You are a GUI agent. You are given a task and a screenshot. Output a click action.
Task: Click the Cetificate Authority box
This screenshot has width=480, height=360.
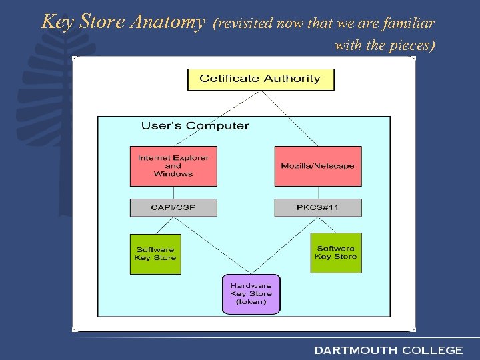pyautogui.click(x=261, y=79)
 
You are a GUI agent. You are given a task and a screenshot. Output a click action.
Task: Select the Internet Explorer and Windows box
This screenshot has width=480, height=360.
pyautogui.click(x=173, y=166)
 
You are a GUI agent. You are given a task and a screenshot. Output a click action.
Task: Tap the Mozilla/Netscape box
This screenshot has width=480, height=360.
pyautogui.click(x=318, y=166)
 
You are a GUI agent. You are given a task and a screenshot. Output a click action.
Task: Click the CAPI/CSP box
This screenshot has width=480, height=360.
pyautogui.click(x=173, y=207)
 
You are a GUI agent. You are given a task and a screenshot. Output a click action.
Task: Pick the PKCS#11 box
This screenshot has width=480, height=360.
pyautogui.click(x=318, y=207)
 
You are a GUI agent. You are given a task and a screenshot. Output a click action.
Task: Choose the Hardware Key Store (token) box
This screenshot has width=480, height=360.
pyautogui.click(x=251, y=294)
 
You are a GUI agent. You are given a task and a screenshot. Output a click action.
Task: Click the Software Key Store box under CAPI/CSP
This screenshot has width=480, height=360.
pyautogui.click(x=155, y=253)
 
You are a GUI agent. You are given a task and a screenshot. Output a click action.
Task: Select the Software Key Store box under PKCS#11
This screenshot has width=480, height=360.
pyautogui.click(x=336, y=253)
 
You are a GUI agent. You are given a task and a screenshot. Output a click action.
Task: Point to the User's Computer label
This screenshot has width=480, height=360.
pyautogui.click(x=195, y=125)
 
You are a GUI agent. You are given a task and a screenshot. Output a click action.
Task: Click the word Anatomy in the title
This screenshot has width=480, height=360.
pyautogui.click(x=168, y=22)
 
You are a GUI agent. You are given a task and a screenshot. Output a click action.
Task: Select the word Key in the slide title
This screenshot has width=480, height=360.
pyautogui.click(x=56, y=22)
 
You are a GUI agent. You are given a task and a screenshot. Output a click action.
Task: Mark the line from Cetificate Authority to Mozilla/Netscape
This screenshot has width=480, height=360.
pyautogui.click(x=291, y=119)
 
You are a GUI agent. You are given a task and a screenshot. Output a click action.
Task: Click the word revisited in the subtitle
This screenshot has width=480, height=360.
pyautogui.click(x=245, y=24)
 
